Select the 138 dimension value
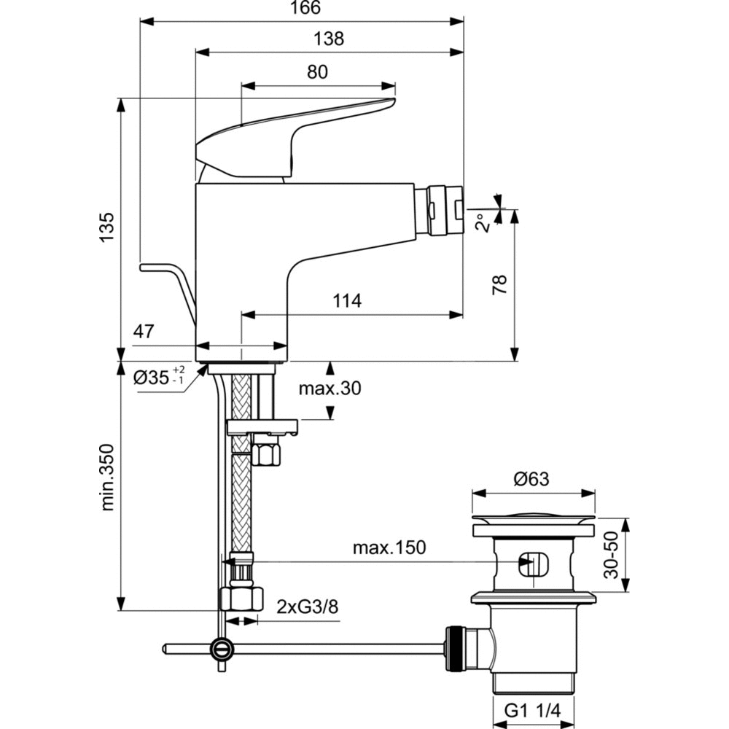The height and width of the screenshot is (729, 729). point(330,39)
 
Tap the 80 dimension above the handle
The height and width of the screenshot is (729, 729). point(317,71)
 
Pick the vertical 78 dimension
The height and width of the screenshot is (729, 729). point(499,285)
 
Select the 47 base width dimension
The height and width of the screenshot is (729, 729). point(144,332)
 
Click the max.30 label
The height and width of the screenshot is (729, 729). point(330,389)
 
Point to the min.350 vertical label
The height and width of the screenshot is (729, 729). point(107,477)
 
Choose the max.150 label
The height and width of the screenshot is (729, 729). point(389,547)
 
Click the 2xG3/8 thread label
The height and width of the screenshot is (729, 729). point(308,606)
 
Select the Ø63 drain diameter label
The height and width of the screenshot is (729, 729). point(531,479)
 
